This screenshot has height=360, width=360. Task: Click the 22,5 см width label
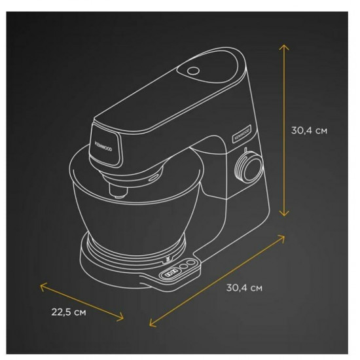(x=69, y=312)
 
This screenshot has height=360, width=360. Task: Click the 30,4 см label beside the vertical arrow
(x=309, y=130)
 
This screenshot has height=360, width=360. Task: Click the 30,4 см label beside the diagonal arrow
(x=244, y=288)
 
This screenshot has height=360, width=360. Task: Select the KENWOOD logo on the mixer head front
(x=103, y=146)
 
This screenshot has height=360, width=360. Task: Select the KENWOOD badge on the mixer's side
(x=242, y=134)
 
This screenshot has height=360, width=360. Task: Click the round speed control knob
(x=249, y=167)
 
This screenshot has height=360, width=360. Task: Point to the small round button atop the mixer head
(x=193, y=71)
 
